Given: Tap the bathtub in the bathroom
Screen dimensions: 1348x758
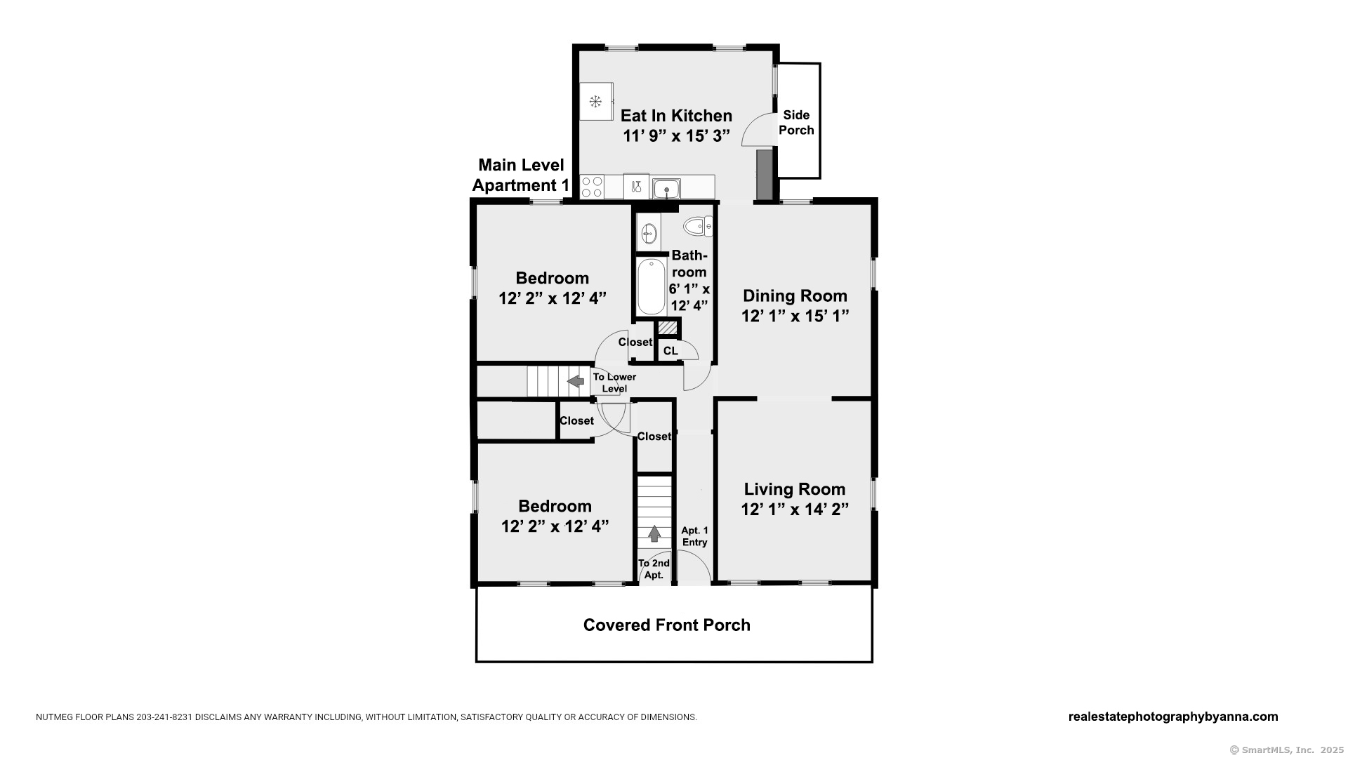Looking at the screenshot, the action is point(652,286).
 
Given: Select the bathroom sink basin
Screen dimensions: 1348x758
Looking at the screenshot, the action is point(649,232).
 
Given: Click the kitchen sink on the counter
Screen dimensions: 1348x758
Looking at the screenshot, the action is point(666,188).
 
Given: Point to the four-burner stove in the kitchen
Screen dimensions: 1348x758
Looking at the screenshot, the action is point(592,187).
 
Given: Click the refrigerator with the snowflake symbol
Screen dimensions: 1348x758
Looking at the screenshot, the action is point(596,102).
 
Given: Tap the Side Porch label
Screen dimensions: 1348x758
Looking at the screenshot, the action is point(796,123).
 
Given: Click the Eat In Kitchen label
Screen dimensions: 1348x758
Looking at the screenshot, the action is point(676,116).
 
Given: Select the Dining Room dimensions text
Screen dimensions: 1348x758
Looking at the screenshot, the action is point(795,317).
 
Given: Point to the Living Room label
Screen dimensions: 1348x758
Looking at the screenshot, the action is point(795,489).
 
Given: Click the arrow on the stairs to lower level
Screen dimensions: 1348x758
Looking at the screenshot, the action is point(576,381).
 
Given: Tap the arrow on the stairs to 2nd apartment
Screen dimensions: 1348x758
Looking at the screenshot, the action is point(654,534).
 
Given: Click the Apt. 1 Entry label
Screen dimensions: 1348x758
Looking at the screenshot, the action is point(695,536).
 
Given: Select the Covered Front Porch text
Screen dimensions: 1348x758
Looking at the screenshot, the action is point(667,625).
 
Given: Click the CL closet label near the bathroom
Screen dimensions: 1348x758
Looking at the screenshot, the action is point(670,351).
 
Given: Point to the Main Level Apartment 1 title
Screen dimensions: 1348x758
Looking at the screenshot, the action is point(521,175).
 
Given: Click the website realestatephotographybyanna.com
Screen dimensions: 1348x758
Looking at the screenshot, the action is point(1173,717).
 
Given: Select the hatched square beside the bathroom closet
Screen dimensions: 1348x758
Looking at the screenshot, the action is point(668,328).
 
